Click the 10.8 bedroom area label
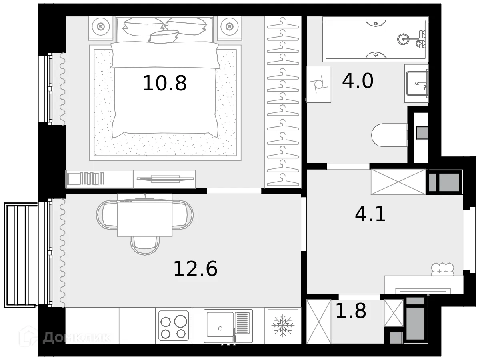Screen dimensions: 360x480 click(164, 83)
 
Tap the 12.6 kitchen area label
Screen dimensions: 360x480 click(195, 268)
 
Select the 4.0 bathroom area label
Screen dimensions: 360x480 click(358, 81)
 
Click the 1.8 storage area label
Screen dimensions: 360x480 click(350, 311)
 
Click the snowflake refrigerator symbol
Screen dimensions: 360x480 click(283, 326)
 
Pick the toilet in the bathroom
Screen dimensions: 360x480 click(389, 135)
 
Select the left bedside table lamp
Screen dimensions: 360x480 click(101, 27)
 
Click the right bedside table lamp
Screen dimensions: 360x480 click(229, 27)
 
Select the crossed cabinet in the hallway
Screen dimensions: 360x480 click(398, 182)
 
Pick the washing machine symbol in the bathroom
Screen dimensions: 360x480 click(319, 84)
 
